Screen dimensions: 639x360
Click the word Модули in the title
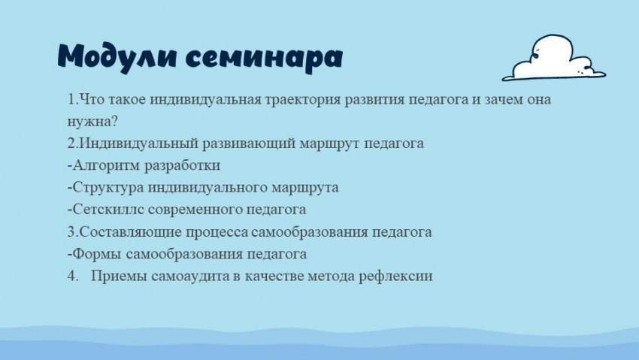click(117, 56)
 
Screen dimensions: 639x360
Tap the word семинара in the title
click(264, 58)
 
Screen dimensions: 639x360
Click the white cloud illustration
click(554, 57)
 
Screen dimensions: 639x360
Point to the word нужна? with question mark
click(92, 121)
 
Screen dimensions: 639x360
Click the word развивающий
click(249, 144)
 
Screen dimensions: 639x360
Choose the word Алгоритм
click(107, 165)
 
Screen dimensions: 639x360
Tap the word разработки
click(183, 165)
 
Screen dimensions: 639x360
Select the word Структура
click(108, 187)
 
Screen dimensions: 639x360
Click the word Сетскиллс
click(108, 210)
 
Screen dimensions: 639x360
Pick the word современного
click(195, 210)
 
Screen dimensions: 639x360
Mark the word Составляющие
click(130, 231)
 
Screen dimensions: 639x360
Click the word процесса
click(217, 232)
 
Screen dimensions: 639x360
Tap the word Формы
click(97, 254)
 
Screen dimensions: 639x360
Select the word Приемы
click(119, 276)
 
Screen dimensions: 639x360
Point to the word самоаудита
click(190, 276)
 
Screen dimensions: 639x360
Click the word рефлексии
click(395, 276)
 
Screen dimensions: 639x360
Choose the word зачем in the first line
click(503, 99)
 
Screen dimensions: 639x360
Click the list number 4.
click(72, 276)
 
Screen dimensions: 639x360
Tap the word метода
click(331, 276)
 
